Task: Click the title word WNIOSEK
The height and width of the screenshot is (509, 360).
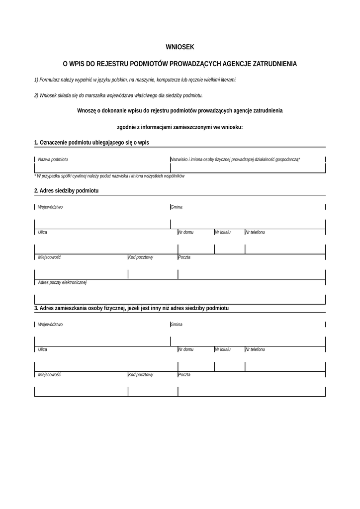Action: pyautogui.click(x=180, y=47)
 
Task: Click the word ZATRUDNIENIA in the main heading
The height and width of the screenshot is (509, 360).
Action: pyautogui.click(x=274, y=64)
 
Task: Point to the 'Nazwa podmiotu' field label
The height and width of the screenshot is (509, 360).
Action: pyautogui.click(x=53, y=160)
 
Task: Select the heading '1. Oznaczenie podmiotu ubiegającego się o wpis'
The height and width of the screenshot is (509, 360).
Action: pyautogui.click(x=91, y=143)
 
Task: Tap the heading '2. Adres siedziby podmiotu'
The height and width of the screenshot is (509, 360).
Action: pyautogui.click(x=66, y=191)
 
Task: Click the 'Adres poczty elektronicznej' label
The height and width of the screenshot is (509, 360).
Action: pyautogui.click(x=62, y=283)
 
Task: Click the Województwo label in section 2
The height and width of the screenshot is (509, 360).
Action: pyautogui.click(x=50, y=207)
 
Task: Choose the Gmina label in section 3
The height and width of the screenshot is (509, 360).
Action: pyautogui.click(x=177, y=325)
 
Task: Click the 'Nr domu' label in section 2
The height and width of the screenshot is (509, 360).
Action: pyautogui.click(x=186, y=233)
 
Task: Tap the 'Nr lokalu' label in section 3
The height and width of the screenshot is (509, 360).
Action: pyautogui.click(x=223, y=350)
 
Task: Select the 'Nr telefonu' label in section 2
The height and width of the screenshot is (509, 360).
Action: pyautogui.click(x=255, y=233)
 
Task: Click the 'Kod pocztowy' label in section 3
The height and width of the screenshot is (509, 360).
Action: pyautogui.click(x=141, y=375)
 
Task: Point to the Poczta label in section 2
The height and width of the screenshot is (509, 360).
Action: pyautogui.click(x=184, y=257)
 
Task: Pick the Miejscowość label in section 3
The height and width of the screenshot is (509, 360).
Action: pyautogui.click(x=49, y=375)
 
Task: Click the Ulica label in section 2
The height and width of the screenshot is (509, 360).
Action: pyautogui.click(x=43, y=233)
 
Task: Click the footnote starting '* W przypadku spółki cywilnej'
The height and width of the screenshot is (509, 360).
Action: pyautogui.click(x=109, y=176)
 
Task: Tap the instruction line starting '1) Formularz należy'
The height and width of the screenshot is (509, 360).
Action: pyautogui.click(x=135, y=80)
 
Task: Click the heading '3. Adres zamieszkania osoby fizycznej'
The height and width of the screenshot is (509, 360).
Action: pyautogui.click(x=131, y=308)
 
